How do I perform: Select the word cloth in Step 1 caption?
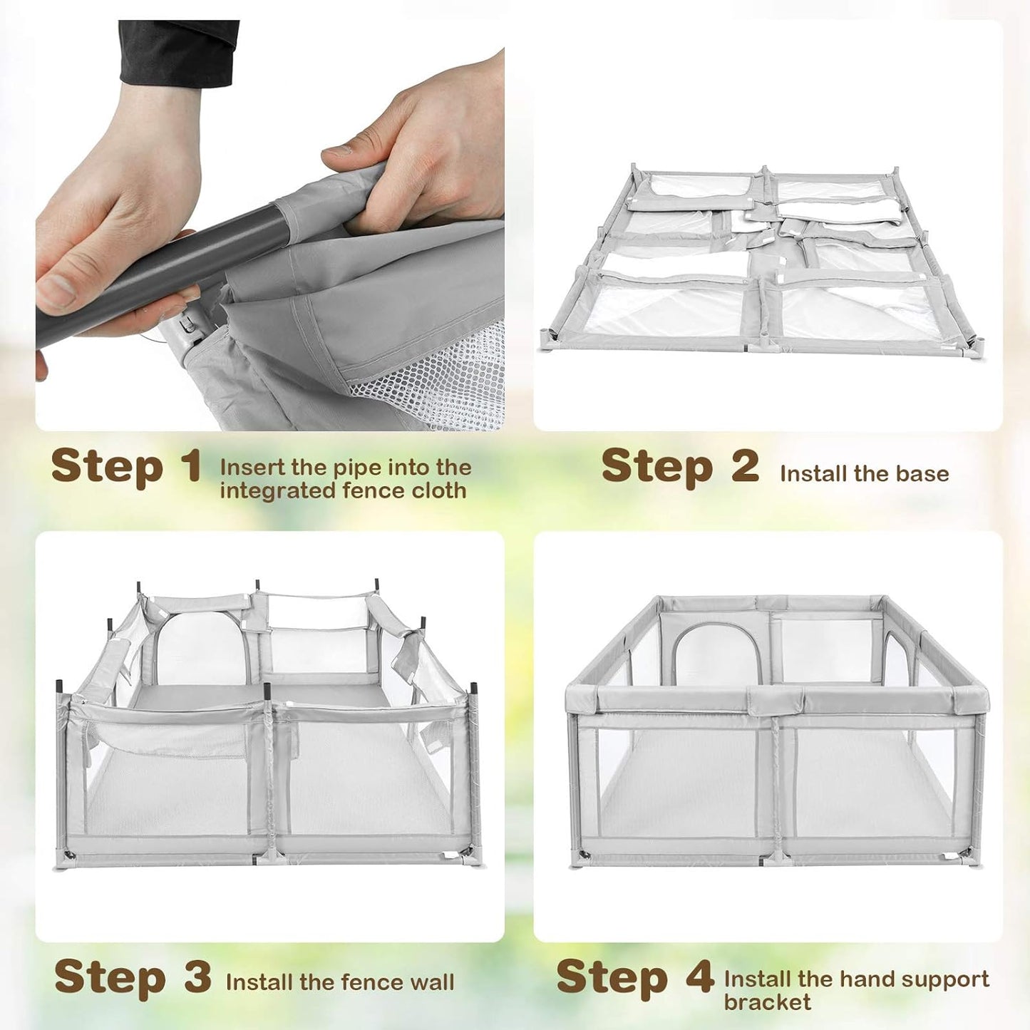(x=439, y=490)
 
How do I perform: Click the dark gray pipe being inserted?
(x=160, y=278)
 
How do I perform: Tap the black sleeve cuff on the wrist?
(x=179, y=53)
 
